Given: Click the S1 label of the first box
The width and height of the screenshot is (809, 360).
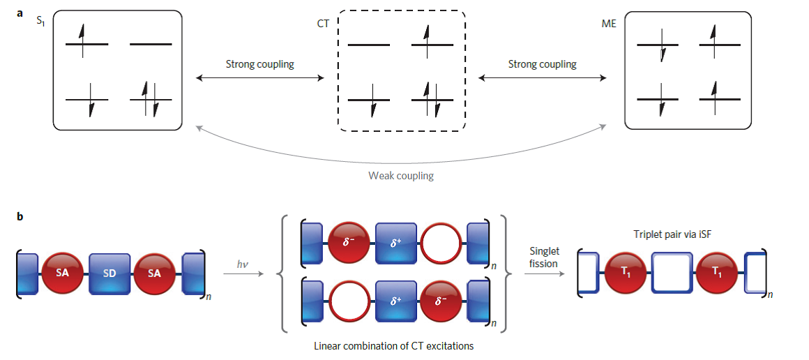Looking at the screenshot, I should (40, 22).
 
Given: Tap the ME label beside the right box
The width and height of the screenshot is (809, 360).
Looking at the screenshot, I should (610, 22).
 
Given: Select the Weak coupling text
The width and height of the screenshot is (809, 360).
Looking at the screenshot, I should (401, 176).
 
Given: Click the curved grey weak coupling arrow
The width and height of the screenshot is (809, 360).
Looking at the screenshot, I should (401, 159).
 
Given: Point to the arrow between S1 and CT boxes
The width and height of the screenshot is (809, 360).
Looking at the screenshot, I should (260, 78).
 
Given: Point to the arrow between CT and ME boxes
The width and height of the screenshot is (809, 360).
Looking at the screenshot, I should (543, 78).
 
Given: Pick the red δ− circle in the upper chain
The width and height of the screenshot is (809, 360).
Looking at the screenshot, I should (349, 243).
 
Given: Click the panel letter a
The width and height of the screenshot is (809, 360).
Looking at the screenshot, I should (20, 11).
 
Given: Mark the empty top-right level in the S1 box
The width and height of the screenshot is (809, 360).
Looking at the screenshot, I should (150, 44).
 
